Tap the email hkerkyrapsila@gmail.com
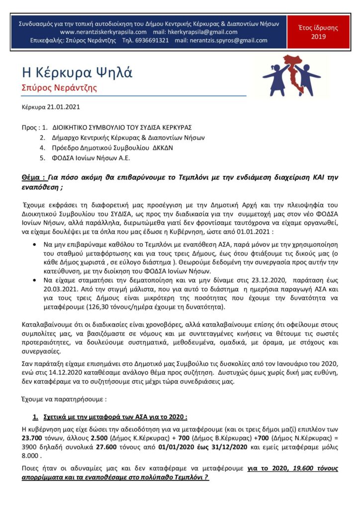(202, 32)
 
